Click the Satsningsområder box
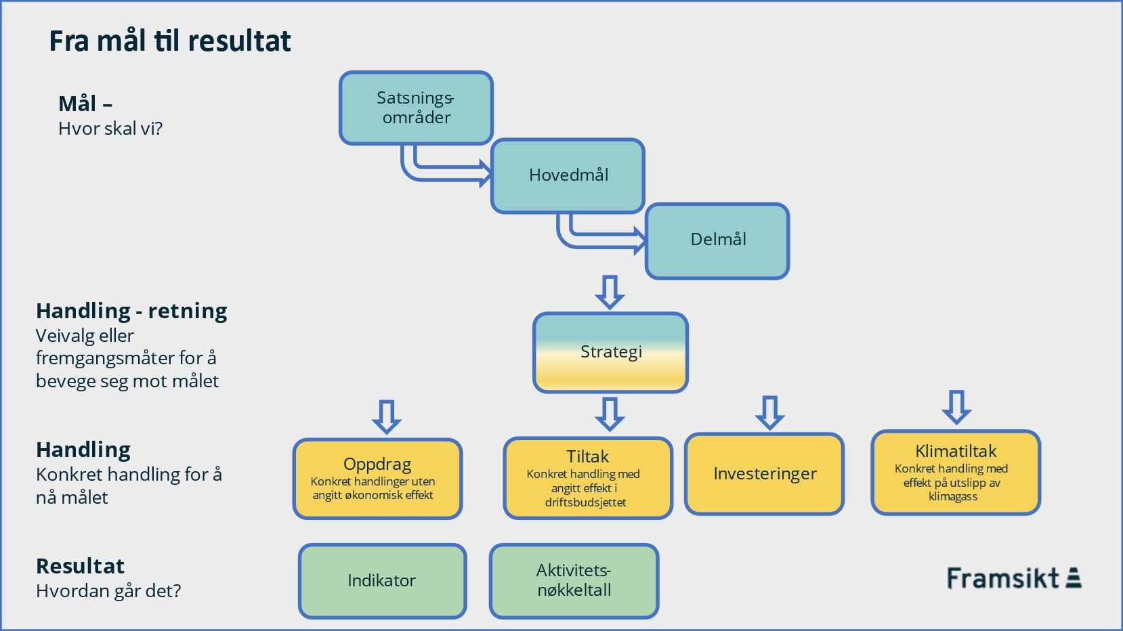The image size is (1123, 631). (x=416, y=108)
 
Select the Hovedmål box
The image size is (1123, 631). (x=568, y=176)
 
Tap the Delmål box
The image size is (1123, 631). (x=717, y=241)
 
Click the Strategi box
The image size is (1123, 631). (x=611, y=352)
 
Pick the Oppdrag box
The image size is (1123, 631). (x=377, y=479)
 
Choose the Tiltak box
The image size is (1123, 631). (x=588, y=477)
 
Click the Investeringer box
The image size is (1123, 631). (x=765, y=474)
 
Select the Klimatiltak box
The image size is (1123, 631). (x=956, y=473)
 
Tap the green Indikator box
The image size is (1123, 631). (x=383, y=581)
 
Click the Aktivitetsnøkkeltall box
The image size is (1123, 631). (x=574, y=581)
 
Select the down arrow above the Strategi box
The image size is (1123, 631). (x=610, y=292)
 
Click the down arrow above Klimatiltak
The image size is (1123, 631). (x=956, y=408)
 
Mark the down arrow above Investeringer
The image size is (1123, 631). (x=770, y=413)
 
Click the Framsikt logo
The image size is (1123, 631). (x=1014, y=578)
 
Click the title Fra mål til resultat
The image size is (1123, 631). (x=170, y=41)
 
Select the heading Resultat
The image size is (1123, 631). (x=80, y=567)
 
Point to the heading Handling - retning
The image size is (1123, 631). (x=131, y=311)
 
